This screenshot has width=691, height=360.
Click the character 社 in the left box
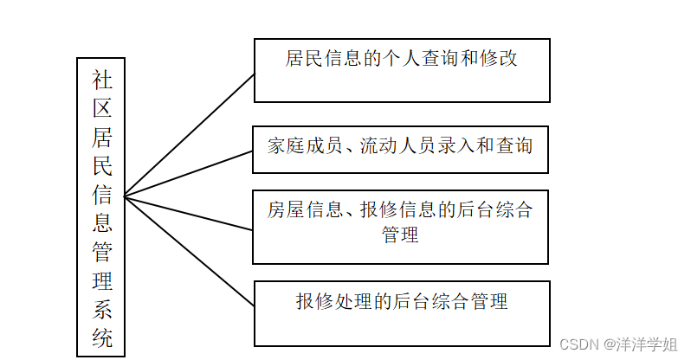(102, 80)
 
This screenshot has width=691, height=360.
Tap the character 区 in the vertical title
(102, 110)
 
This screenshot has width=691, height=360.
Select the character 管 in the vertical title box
(102, 252)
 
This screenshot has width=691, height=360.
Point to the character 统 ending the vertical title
(102, 337)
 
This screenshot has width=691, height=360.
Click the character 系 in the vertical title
(102, 308)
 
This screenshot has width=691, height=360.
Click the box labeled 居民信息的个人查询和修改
(401, 70)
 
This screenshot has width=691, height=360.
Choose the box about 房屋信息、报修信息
(400, 227)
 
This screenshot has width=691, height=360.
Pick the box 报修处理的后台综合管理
(401, 312)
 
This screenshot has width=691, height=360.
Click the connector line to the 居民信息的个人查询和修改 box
(191, 134)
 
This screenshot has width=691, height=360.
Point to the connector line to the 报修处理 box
(191, 252)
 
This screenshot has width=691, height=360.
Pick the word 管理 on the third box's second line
(400, 234)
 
